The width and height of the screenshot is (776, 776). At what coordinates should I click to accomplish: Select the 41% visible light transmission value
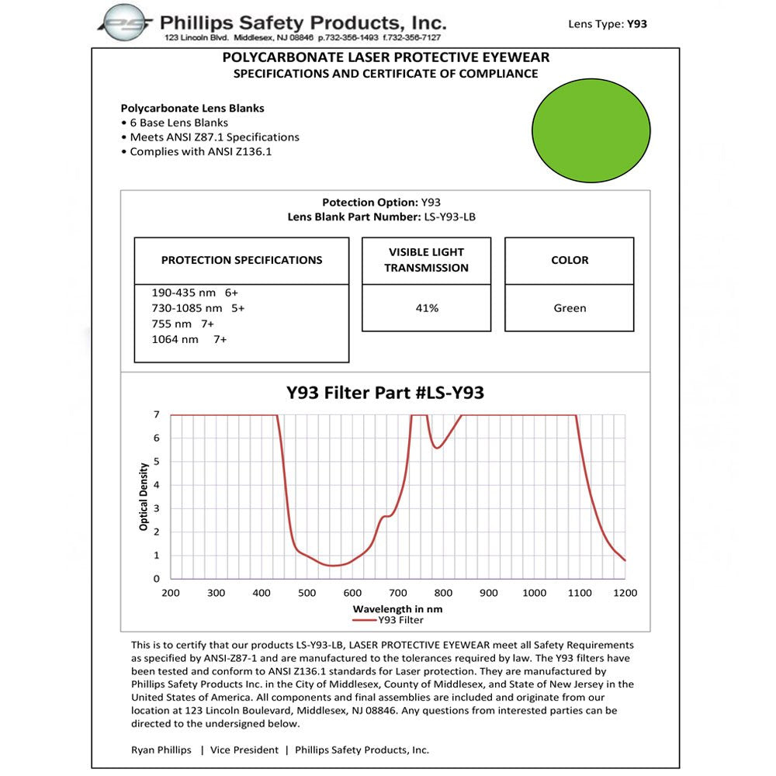click(427, 308)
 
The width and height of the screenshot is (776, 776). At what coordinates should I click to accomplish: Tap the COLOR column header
click(570, 260)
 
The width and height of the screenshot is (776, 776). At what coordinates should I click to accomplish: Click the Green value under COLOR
click(570, 308)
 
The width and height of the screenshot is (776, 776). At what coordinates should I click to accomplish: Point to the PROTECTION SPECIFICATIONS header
click(241, 260)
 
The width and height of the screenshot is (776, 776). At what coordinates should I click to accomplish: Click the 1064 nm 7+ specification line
click(189, 339)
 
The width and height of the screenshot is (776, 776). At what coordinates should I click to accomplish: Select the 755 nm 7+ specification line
click(182, 324)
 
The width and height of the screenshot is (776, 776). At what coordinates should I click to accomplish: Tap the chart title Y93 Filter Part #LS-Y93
click(385, 393)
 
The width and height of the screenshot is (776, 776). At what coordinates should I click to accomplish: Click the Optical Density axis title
click(144, 497)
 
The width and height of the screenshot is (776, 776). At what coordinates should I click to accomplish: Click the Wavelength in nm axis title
click(397, 609)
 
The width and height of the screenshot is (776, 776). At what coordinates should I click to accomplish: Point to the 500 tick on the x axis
click(307, 593)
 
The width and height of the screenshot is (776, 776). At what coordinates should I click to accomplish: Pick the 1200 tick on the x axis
click(625, 593)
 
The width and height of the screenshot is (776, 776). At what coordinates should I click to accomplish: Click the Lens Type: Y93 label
click(608, 24)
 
